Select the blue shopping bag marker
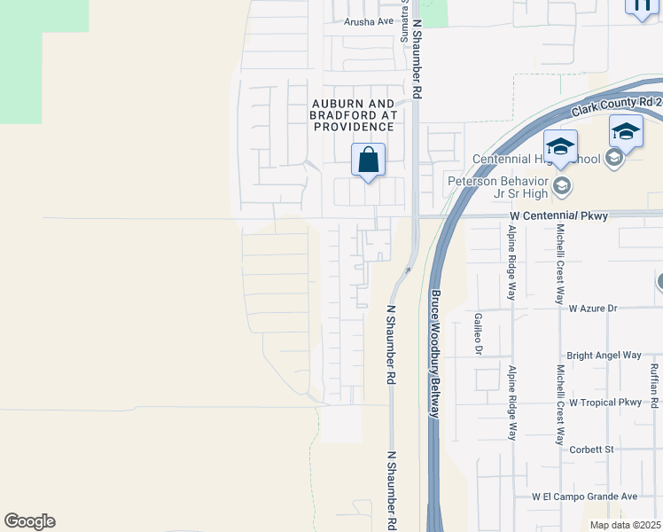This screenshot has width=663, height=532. tap(369, 160)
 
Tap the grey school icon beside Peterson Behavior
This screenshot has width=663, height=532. tap(560, 186)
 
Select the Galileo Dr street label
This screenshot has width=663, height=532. tap(478, 333)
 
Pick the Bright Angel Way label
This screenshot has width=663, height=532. tap(604, 356)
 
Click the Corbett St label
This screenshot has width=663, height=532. tap(592, 450)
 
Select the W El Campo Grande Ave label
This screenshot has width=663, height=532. tap(584, 497)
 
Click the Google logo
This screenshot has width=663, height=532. tap(29, 521)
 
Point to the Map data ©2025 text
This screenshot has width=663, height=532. tap(625, 525)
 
